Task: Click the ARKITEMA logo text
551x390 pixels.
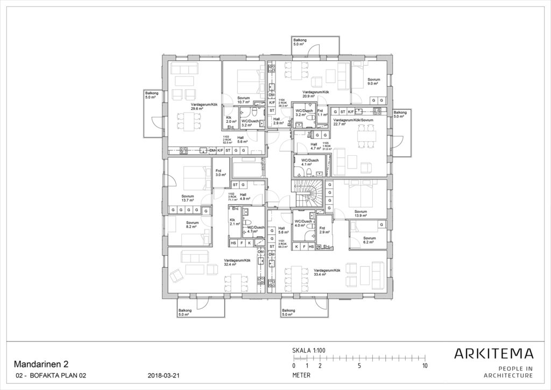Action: click(494, 354)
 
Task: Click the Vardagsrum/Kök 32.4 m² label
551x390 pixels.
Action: click(237, 262)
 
